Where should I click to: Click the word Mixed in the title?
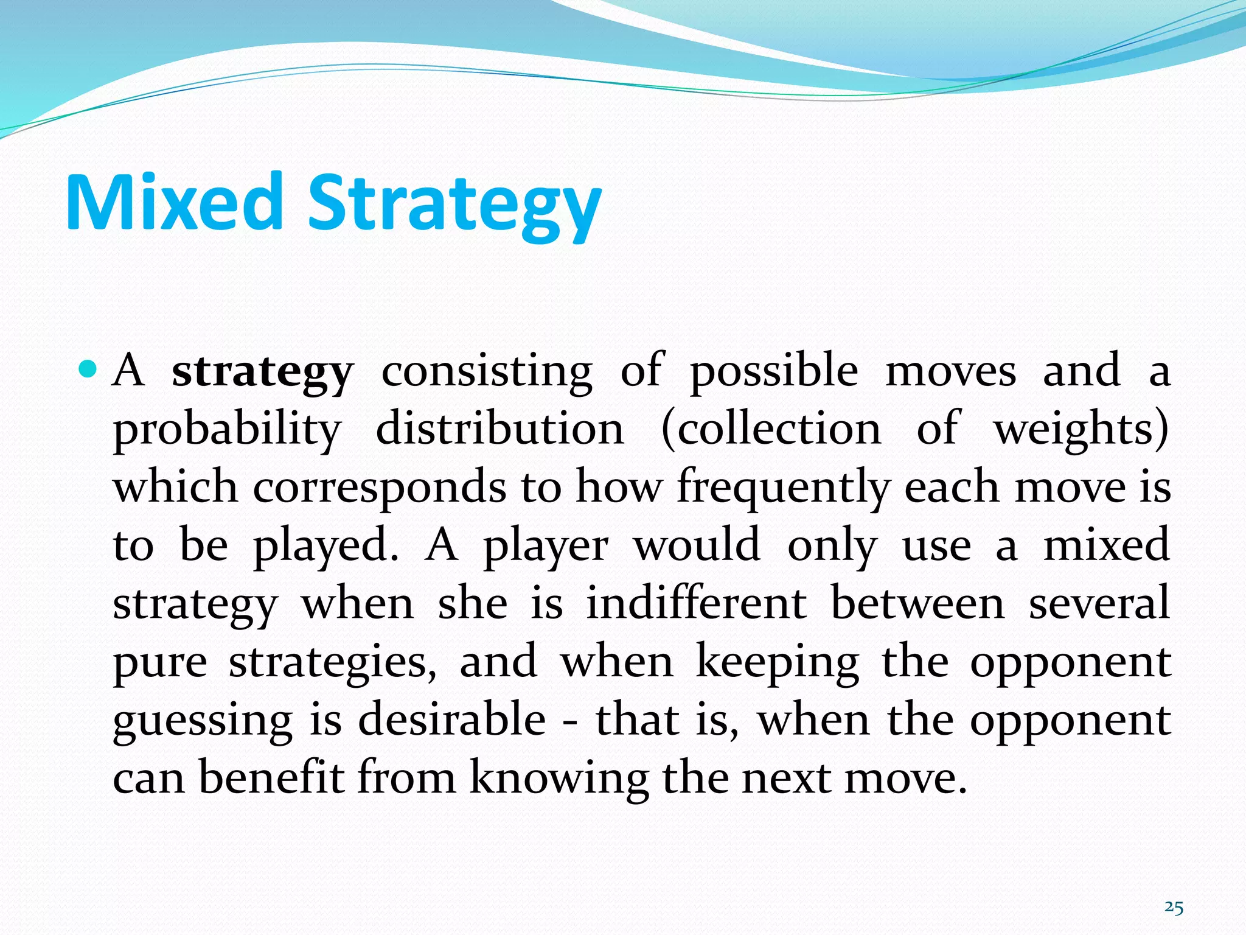(174, 202)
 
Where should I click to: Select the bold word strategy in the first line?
(262, 372)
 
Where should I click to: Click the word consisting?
(487, 372)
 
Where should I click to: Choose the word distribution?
(500, 429)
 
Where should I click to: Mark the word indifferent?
(697, 604)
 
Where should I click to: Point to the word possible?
(774, 372)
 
